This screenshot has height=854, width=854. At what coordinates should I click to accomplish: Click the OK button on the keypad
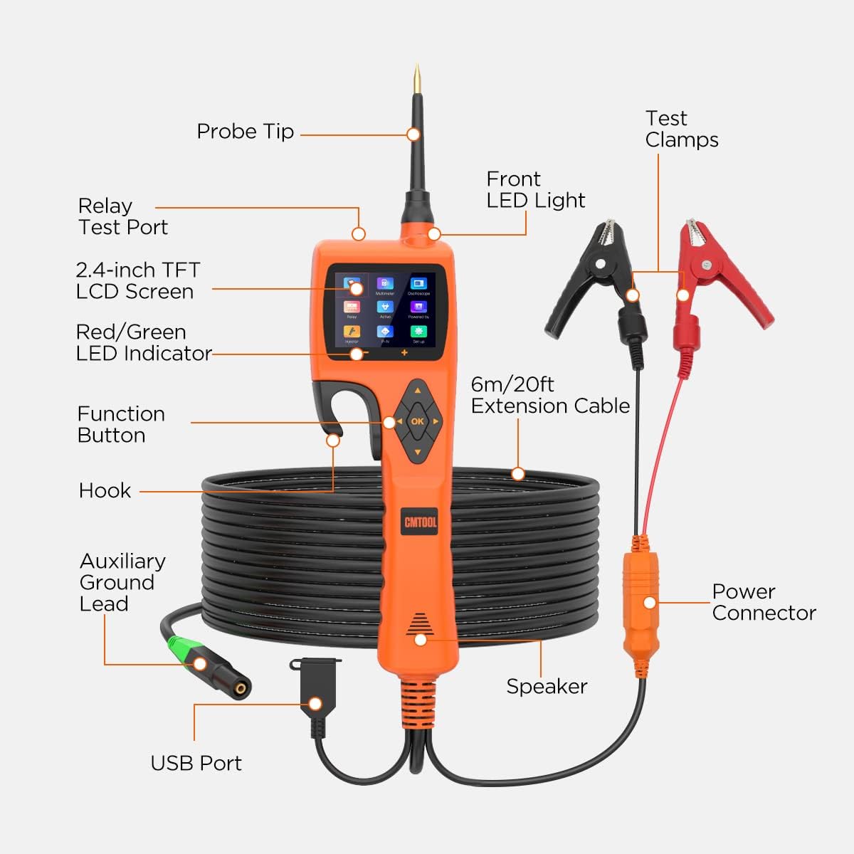[418, 421]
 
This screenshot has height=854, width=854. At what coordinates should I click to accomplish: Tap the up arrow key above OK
[418, 391]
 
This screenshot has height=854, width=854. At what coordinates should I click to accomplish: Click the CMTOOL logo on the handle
[420, 522]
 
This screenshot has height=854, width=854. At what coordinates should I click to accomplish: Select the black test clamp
[591, 278]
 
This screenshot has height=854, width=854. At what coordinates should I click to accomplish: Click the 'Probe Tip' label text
[245, 132]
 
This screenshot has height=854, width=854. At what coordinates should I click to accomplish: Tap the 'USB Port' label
[196, 763]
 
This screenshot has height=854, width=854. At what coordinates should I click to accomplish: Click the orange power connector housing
[641, 601]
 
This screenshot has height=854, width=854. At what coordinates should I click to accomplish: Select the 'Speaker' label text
[547, 687]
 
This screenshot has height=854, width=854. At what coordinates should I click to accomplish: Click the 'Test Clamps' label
[681, 129]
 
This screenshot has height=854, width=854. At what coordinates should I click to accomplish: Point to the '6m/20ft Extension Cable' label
[550, 395]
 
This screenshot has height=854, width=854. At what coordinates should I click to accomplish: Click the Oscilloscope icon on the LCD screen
[418, 285]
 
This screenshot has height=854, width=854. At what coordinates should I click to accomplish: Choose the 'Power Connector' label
[764, 602]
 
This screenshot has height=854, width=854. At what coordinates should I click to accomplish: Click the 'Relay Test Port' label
[122, 216]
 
